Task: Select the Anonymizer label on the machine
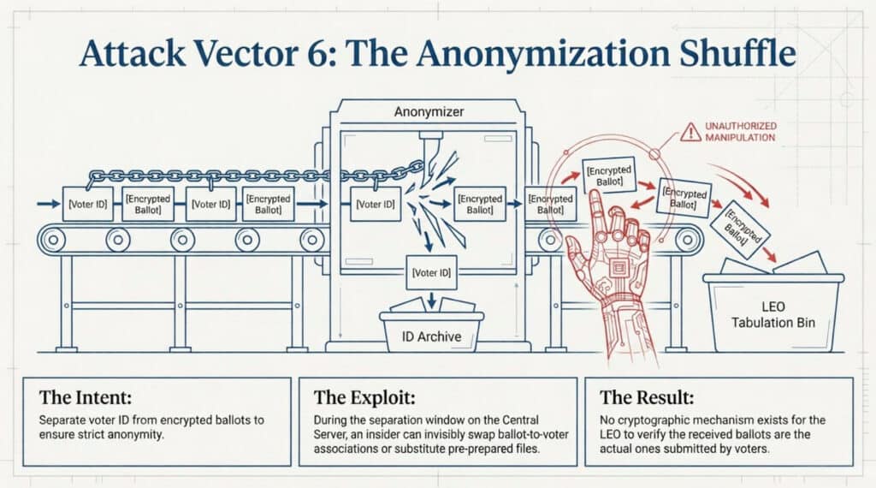coord(429,112)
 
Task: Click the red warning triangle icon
coord(690,132)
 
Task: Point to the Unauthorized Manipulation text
coord(740,132)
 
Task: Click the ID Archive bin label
coord(431,336)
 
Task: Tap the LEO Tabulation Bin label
coord(773,315)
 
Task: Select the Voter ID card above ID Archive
coord(431,273)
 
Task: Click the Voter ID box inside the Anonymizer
coord(376,205)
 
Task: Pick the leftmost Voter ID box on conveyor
coord(88,204)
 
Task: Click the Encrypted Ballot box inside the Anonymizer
coord(480,204)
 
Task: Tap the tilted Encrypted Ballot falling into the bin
coord(740,228)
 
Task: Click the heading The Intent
coord(86,397)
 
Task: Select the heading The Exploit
coord(364,397)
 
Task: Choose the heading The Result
coord(647,397)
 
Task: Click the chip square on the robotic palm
coord(618,268)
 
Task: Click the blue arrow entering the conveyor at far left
coord(49,204)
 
